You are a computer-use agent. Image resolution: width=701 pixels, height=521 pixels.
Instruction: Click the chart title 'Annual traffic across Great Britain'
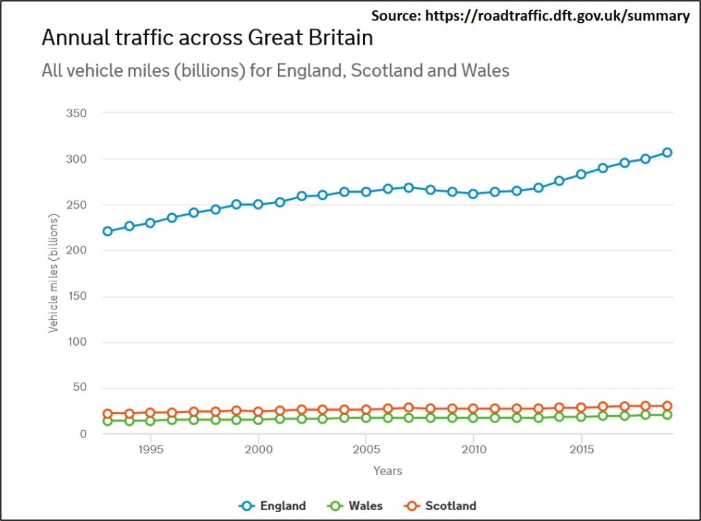click(207, 37)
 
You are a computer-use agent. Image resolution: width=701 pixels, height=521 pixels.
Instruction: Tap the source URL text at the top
click(531, 16)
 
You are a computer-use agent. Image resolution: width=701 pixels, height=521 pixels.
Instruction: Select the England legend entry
click(272, 506)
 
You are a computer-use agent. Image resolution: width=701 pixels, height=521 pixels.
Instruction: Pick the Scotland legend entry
click(440, 506)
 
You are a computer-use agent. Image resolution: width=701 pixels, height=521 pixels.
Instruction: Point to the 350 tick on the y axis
click(76, 113)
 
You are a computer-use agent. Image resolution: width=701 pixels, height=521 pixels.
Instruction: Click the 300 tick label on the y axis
click(76, 159)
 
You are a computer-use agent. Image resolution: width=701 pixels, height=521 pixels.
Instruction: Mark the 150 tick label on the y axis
click(76, 296)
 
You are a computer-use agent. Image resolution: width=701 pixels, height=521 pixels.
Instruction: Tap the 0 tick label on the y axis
click(83, 434)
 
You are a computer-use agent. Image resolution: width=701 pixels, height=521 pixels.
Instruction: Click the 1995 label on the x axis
click(151, 449)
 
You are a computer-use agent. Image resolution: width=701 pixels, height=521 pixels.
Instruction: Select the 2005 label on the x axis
click(366, 449)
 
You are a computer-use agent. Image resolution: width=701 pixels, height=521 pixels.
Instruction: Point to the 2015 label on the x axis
click(581, 449)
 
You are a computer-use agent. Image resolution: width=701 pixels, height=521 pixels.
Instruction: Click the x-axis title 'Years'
click(387, 471)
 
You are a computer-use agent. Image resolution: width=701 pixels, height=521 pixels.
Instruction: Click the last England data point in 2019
click(667, 153)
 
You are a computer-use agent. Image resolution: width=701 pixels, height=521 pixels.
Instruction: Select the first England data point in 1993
click(107, 231)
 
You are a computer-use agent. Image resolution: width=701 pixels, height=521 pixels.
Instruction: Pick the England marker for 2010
click(473, 194)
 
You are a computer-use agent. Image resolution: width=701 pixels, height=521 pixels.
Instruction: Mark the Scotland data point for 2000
click(258, 412)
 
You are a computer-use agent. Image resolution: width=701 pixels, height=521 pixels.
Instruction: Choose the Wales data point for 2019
click(667, 415)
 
